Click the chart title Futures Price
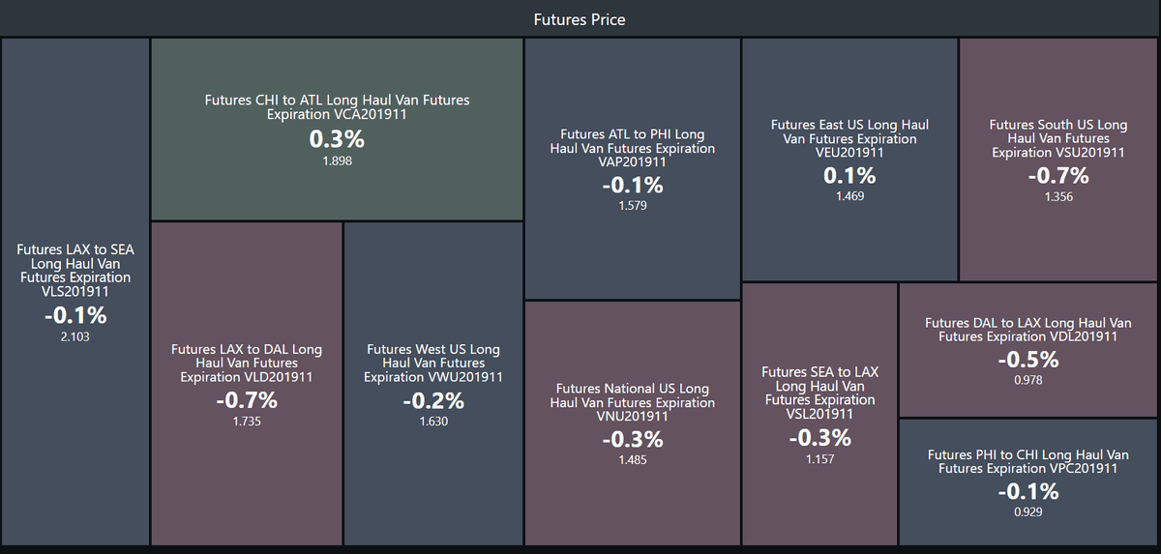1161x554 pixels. point(580,19)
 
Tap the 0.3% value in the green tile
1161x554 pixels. point(337,139)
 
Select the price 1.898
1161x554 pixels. point(337,161)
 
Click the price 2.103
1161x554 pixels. point(75,337)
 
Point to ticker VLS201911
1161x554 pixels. point(75,291)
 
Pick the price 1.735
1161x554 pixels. point(247,422)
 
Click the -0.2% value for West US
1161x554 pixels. point(433,400)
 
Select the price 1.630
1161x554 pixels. point(433,422)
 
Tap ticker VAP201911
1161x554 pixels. point(633,162)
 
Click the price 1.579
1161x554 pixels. point(633,206)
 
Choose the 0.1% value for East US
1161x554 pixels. point(849,176)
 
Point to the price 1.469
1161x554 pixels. point(849,196)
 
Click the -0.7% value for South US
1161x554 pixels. point(1058,176)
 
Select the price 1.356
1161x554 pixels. point(1058,196)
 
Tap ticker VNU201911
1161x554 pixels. point(633,417)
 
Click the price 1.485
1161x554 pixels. point(633,460)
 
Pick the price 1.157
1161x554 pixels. point(820,459)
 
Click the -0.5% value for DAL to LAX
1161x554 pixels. point(1028,360)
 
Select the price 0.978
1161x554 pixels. point(1028,381)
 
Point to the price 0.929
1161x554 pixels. point(1028,512)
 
